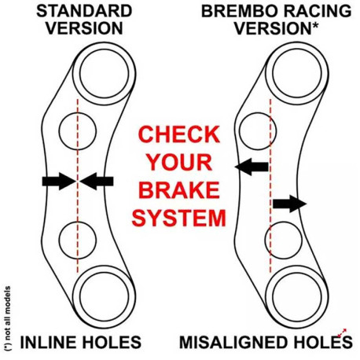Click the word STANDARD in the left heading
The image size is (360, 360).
84,11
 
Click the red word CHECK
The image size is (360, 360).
179,134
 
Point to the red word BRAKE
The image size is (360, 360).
179,189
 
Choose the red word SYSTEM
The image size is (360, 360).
178,218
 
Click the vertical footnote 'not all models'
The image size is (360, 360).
8,319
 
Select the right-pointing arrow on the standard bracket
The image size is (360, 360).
59,181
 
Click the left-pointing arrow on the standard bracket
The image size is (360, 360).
97,181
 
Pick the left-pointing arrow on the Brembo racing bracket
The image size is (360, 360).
252,167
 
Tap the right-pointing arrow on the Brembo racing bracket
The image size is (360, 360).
289,204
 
